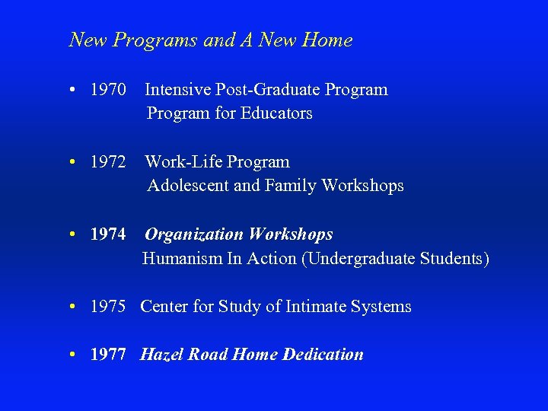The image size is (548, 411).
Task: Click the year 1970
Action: pyautogui.click(x=107, y=90)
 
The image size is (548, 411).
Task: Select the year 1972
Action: pyautogui.click(x=107, y=162)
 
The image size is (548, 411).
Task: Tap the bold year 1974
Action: pyautogui.click(x=107, y=234)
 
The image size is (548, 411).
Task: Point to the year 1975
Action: pyautogui.click(x=107, y=307)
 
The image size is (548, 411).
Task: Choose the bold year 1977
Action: pyautogui.click(x=107, y=355)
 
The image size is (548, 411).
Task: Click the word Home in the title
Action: pyautogui.click(x=327, y=40)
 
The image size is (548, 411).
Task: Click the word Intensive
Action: pyautogui.click(x=178, y=90)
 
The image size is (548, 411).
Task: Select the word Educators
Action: pyautogui.click(x=276, y=113)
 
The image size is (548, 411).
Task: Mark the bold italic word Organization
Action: pyautogui.click(x=193, y=234)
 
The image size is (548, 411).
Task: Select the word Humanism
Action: pyautogui.click(x=180, y=259)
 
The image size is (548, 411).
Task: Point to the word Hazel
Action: pyautogui.click(x=161, y=355)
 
